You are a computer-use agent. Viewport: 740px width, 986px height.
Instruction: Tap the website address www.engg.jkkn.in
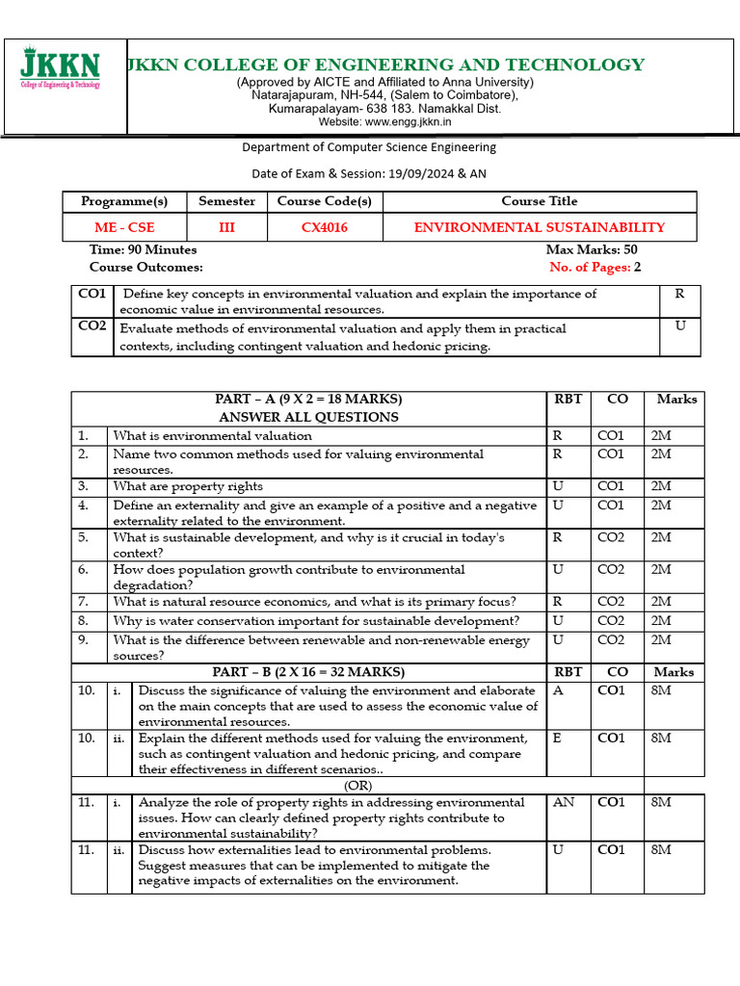point(384,122)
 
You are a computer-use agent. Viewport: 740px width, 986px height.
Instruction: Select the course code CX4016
point(324,228)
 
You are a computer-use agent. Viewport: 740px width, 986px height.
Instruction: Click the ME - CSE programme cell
point(123,228)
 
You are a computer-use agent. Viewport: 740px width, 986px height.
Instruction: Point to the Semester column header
point(226,201)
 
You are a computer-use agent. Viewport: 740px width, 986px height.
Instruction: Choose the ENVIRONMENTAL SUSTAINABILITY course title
point(539,228)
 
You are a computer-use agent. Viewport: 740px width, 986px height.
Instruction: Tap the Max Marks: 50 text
point(592,250)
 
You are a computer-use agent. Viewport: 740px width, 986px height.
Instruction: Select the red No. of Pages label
point(589,268)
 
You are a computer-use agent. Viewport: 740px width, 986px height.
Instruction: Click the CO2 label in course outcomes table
point(92,326)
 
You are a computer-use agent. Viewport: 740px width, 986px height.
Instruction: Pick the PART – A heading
point(308,399)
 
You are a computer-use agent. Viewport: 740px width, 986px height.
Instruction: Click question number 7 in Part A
point(84,602)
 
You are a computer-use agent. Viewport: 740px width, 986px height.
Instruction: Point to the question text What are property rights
point(188,486)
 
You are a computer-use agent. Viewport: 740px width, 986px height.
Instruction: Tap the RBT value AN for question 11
point(563,802)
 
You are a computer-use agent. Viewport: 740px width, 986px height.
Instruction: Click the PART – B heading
point(308,672)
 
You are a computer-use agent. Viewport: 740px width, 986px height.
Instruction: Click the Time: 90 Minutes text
point(143,250)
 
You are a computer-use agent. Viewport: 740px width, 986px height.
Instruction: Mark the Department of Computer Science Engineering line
point(369,147)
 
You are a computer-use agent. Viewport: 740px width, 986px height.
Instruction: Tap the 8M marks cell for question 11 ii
point(661,850)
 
